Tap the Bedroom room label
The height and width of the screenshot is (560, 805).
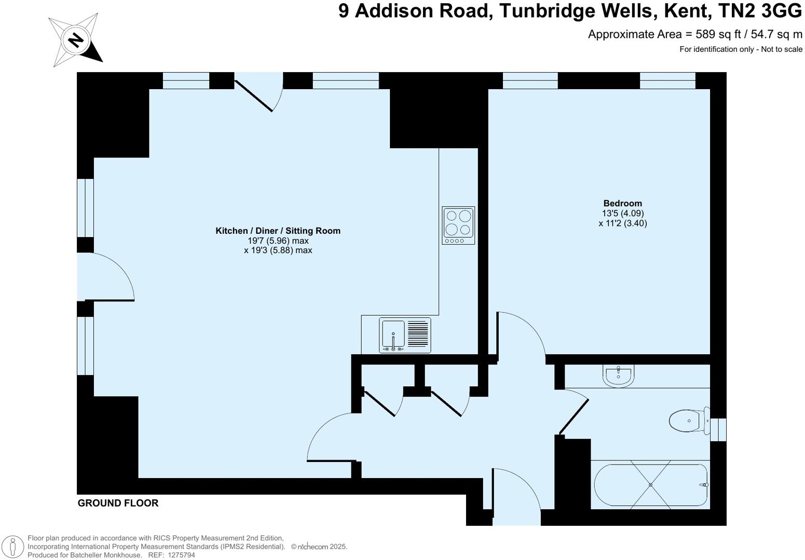[622, 203]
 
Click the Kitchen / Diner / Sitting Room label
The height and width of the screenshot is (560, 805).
[278, 231]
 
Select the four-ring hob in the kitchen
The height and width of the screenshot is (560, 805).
[458, 226]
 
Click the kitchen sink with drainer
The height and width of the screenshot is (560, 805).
[405, 335]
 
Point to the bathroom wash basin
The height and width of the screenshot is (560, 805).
[618, 375]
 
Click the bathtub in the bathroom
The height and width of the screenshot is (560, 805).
[651, 485]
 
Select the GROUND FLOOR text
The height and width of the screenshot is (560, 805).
[118, 503]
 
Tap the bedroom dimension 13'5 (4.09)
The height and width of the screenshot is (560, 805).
[623, 213]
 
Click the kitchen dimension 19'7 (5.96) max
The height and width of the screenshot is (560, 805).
[278, 241]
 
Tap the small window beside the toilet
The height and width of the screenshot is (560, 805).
[718, 429]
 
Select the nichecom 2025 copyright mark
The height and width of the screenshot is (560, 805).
[319, 547]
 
